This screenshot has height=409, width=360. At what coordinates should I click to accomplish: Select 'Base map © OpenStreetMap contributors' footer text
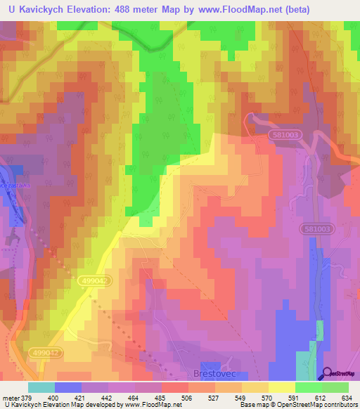click(296, 405)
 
